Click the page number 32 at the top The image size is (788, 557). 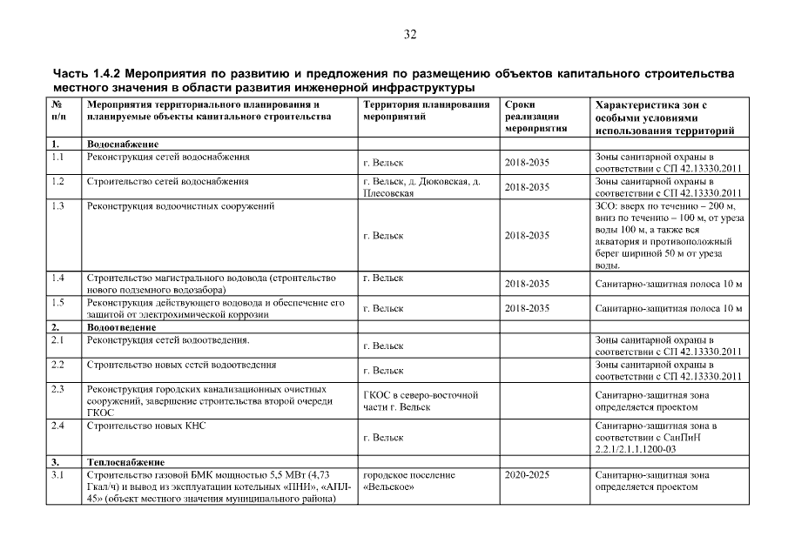pos(410,35)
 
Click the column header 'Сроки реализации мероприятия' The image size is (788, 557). pos(535,117)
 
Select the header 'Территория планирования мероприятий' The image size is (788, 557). pos(426,111)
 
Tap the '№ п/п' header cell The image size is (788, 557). pos(58,111)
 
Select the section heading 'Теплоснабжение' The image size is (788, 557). pos(125,461)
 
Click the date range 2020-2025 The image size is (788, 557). pos(527,475)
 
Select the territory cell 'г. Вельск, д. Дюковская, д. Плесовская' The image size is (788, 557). pos(421,187)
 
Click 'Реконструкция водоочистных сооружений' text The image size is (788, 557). pos(181,206)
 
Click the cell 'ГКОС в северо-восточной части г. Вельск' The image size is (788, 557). pos(421,401)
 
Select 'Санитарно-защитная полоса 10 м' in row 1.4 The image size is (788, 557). pos(668,284)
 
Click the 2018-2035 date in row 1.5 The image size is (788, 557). pos(527,308)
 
